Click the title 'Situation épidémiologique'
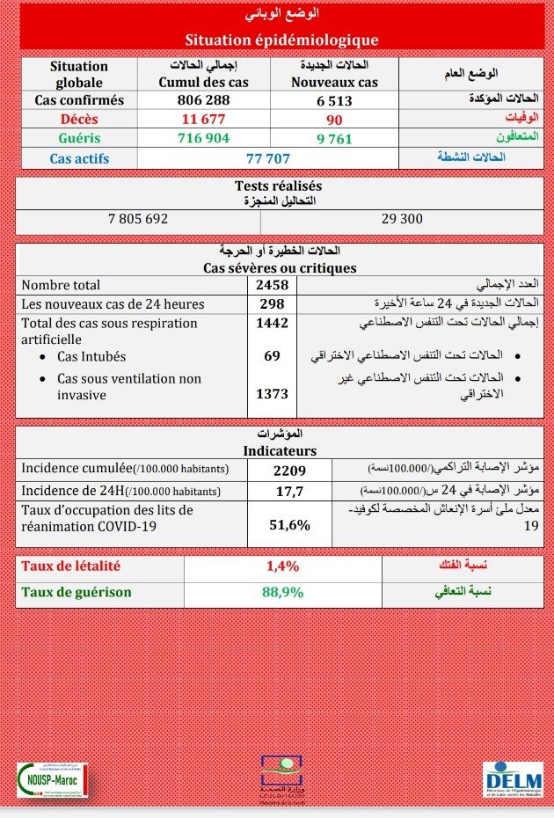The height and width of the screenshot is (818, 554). click(281, 40)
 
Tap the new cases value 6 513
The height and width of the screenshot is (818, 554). click(334, 100)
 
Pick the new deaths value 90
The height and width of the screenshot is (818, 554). click(334, 120)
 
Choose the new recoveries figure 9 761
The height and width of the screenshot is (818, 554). click(334, 138)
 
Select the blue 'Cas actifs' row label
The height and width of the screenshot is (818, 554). click(80, 158)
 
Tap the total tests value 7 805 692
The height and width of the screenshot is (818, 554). click(137, 218)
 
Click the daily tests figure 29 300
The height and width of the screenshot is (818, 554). click(402, 218)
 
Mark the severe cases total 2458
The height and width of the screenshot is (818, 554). click(272, 285)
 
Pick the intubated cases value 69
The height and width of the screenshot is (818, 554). click(272, 356)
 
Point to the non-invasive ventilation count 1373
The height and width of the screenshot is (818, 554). click(272, 395)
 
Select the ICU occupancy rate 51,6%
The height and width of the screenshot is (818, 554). click(289, 525)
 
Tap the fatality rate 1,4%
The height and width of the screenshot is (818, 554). click(282, 566)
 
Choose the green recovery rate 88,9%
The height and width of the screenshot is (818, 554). click(282, 592)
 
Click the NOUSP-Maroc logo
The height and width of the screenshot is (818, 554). click(53, 779)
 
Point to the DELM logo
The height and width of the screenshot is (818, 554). click(513, 779)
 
